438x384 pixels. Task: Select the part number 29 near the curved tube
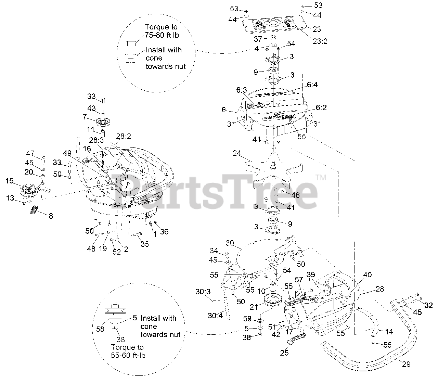406,364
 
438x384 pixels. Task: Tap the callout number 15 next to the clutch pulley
9,180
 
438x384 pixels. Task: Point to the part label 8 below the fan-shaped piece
51,216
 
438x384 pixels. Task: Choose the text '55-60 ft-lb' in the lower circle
129,355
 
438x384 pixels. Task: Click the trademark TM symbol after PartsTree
321,177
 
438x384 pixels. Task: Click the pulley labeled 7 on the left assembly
103,121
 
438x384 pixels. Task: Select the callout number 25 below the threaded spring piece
284,353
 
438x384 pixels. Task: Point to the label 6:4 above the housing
312,85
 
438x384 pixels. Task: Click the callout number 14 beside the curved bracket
389,331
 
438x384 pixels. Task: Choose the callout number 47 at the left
30,153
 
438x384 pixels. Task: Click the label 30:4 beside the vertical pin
215,316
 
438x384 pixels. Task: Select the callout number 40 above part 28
367,274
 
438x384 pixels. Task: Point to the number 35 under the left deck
145,244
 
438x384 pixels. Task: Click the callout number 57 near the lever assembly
299,280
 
